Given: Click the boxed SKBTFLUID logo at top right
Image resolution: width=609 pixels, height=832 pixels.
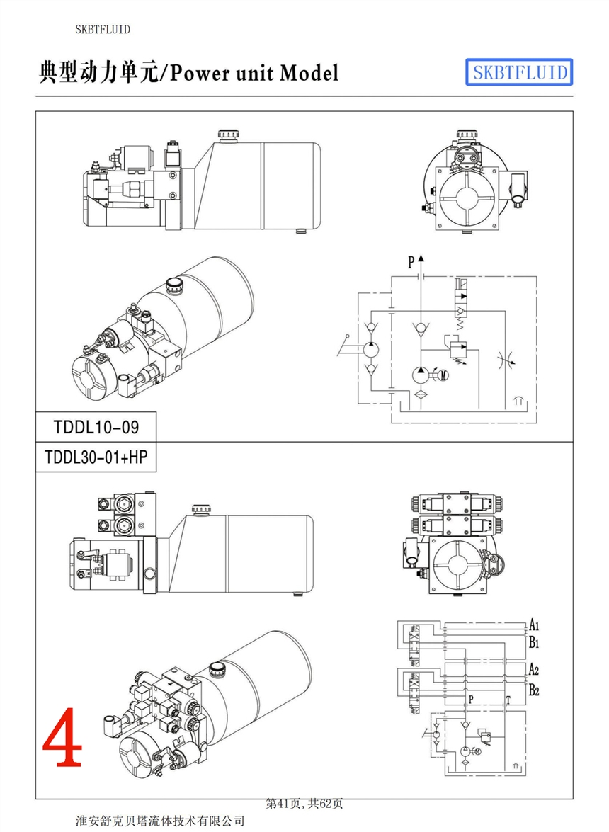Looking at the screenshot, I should [518, 72].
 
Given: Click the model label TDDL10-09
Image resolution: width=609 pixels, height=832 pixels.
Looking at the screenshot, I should [96, 427].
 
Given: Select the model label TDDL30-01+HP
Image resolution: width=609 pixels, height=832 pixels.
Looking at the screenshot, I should [96, 457].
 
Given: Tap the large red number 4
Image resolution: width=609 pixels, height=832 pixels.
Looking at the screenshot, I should [62, 737].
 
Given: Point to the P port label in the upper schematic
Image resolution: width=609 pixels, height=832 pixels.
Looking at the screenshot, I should [411, 263].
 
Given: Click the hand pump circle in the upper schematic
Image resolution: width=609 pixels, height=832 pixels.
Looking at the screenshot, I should [370, 350].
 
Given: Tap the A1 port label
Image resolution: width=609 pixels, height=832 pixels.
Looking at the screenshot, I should [535, 625].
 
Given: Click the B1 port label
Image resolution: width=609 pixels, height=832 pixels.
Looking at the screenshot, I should [535, 644].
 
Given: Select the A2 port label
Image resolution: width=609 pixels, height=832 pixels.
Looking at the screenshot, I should [535, 670].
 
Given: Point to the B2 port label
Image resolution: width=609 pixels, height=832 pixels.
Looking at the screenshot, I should [535, 690].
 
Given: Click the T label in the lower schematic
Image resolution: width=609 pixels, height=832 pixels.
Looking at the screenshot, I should [507, 700].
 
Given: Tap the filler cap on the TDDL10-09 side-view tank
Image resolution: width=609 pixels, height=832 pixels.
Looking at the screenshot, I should [229, 135].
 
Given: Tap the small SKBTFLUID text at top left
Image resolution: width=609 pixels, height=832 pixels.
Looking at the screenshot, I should [103, 29].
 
